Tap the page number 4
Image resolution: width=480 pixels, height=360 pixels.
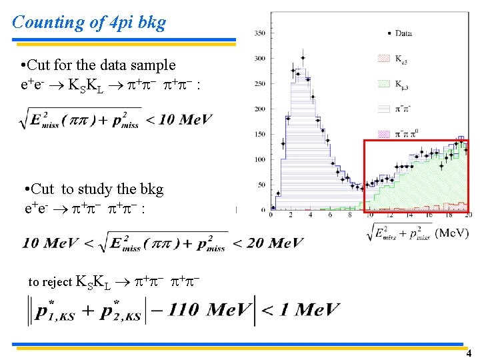(469, 353)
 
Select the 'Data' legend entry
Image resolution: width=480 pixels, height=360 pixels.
(403, 33)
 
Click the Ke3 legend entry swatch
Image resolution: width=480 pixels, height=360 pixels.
(383, 59)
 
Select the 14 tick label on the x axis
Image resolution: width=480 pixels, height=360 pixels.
(409, 215)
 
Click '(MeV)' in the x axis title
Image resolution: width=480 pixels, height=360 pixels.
(452, 233)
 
